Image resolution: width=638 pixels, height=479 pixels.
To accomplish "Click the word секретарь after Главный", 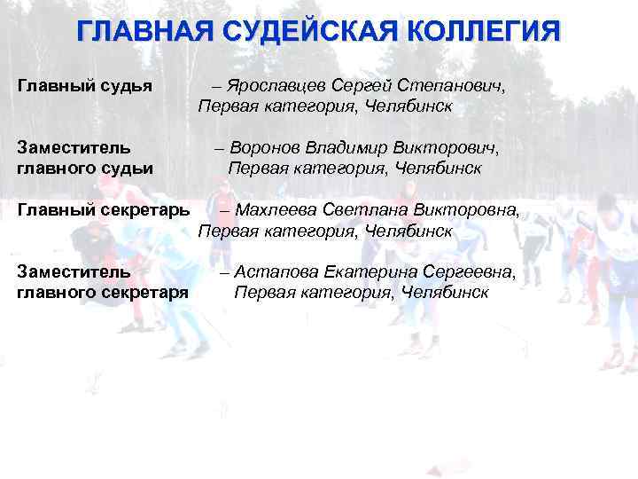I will [143, 211].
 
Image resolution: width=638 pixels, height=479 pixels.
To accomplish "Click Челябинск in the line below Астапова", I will [444, 292].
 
